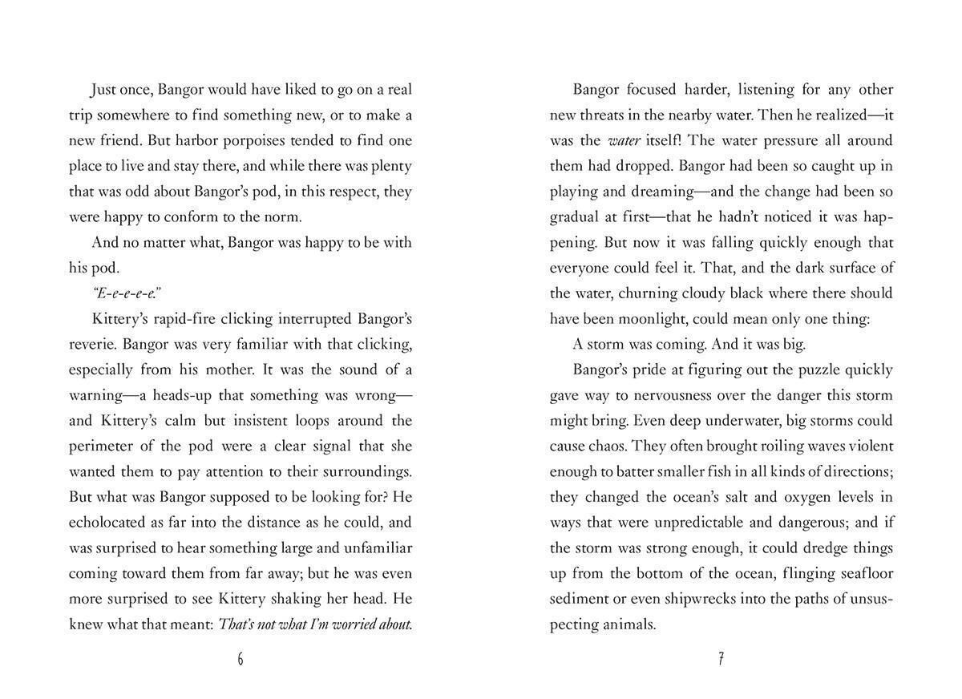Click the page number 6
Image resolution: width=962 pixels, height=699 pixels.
[240, 659]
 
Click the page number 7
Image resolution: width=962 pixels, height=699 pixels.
[721, 659]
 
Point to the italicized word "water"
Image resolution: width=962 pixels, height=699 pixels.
[624, 140]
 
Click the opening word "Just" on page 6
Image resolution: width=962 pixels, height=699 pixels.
[107, 89]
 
